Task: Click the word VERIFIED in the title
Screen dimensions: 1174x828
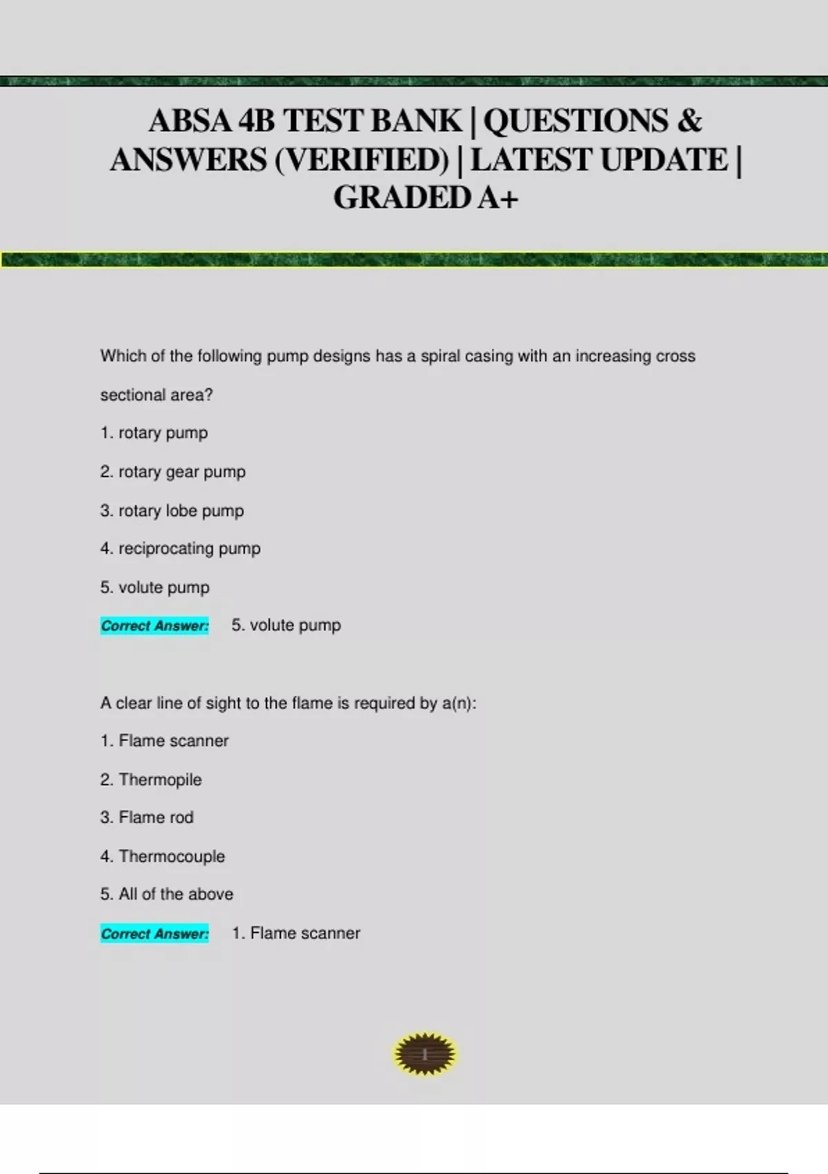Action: (x=362, y=160)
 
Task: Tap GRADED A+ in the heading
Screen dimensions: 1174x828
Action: (x=425, y=198)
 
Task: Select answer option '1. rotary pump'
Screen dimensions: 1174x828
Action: (x=154, y=433)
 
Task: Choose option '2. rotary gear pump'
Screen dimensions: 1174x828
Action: (x=172, y=472)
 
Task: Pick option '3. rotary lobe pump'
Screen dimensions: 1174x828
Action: (x=172, y=511)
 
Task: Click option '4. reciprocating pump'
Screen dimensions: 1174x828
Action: (x=180, y=549)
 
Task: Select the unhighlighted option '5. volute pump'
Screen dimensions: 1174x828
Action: (x=155, y=588)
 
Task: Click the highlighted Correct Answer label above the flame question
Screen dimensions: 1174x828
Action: (x=155, y=626)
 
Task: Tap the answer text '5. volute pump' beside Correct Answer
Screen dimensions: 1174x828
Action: (x=286, y=626)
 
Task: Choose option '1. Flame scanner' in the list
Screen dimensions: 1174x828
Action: (x=164, y=741)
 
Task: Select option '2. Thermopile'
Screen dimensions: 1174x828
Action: (x=151, y=780)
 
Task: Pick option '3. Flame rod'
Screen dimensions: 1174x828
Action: (x=147, y=818)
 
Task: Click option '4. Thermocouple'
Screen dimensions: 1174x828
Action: (x=163, y=856)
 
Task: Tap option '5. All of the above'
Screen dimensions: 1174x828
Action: (x=167, y=894)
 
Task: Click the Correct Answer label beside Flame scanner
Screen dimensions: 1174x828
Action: (x=155, y=934)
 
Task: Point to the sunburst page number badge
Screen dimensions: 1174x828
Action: (x=425, y=1055)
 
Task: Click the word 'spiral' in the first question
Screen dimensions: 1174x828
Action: (x=440, y=356)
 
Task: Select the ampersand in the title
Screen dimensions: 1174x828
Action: (x=689, y=121)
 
